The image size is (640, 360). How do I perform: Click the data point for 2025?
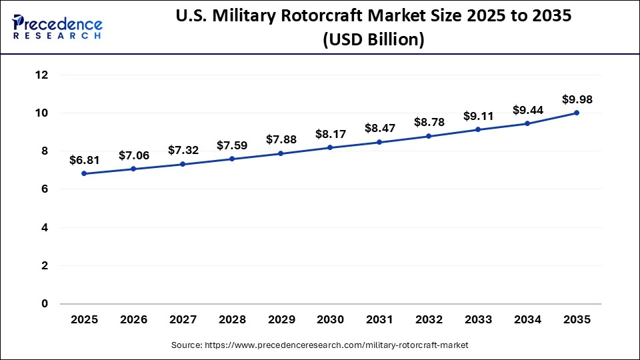click(84, 173)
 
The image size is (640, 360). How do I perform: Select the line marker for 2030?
click(330, 147)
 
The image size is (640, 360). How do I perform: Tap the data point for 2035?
click(577, 113)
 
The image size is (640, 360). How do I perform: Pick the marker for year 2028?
click(232, 159)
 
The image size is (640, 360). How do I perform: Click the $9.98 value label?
click(577, 99)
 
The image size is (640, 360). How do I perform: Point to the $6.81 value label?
click(84, 160)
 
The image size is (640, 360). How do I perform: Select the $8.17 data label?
click(330, 134)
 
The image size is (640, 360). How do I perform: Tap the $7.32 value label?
click(183, 151)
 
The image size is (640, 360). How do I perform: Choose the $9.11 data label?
click(478, 116)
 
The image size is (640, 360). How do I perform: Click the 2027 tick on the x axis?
click(183, 320)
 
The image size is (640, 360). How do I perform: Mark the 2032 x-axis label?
click(429, 320)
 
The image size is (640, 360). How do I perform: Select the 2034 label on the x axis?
click(527, 320)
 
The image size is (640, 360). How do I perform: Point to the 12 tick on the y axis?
click(41, 75)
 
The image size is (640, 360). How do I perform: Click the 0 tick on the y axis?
click(45, 304)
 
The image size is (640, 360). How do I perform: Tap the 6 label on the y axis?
click(45, 189)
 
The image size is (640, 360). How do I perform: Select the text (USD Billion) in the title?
click(373, 40)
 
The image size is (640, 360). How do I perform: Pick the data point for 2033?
click(478, 129)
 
